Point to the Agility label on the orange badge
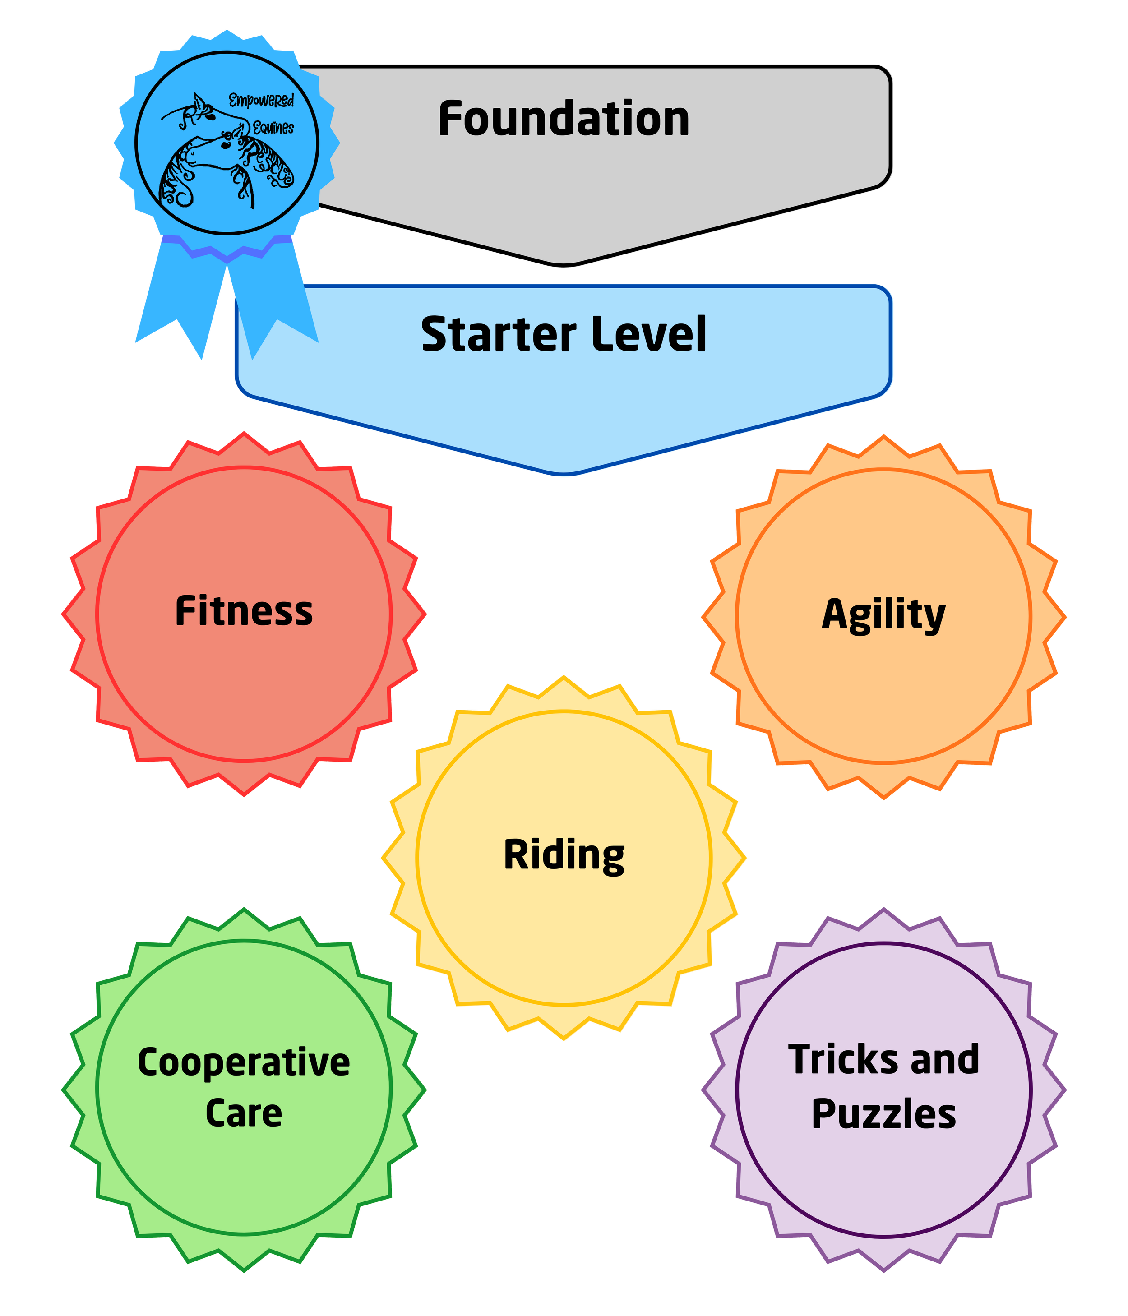tap(883, 615)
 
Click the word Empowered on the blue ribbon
tap(261, 100)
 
